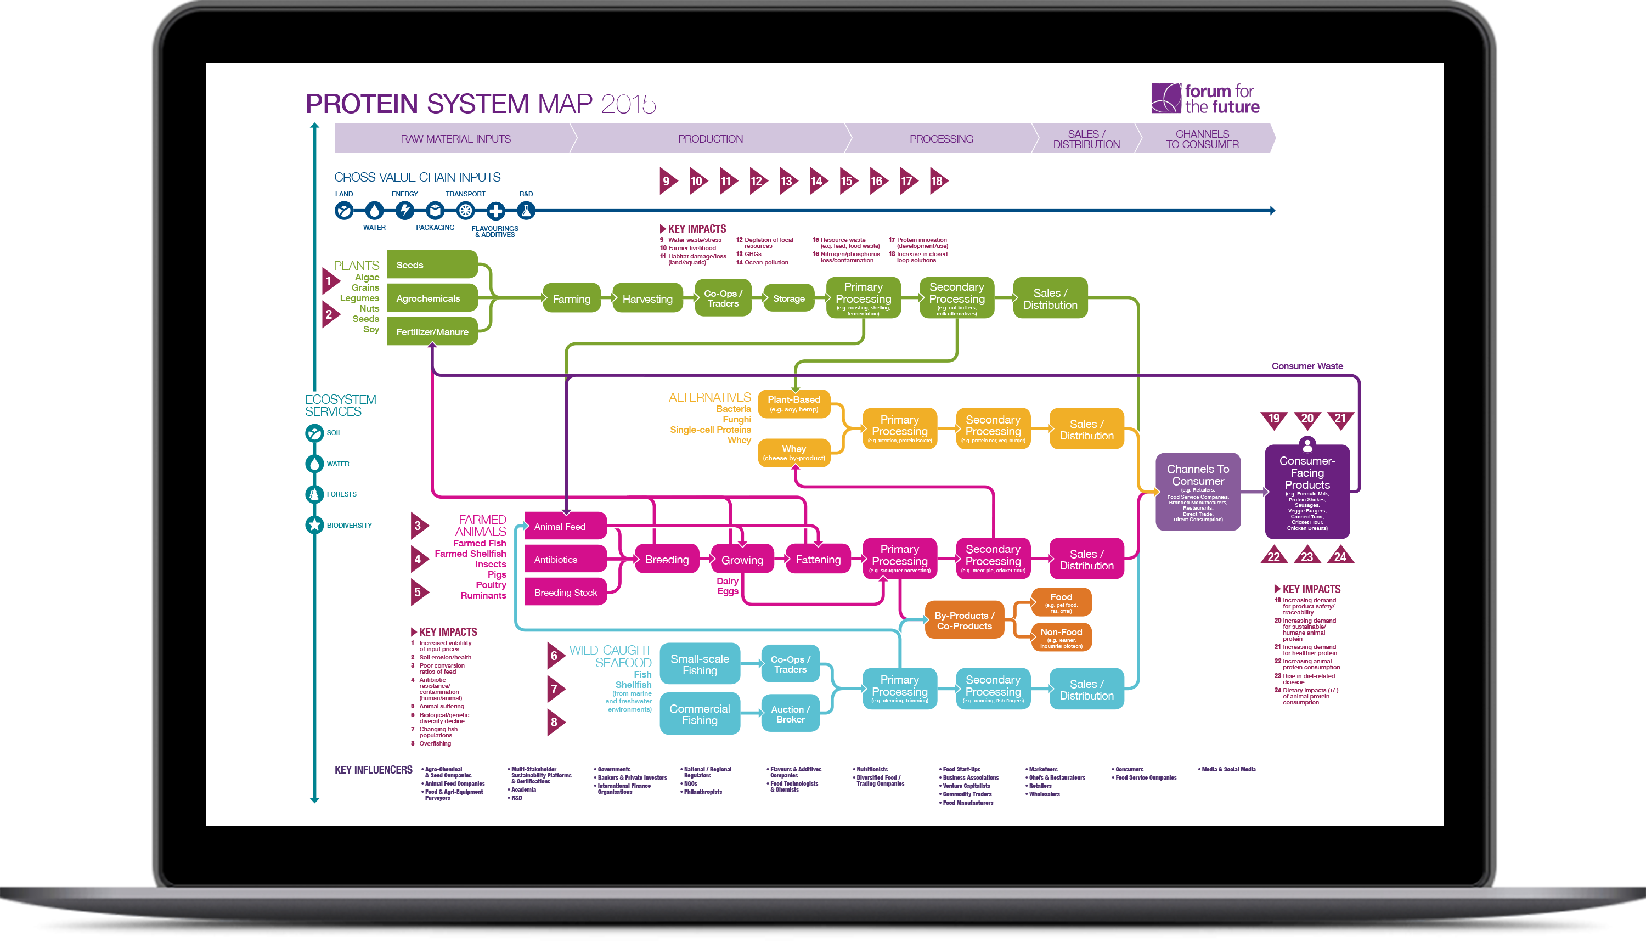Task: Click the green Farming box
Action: (571, 298)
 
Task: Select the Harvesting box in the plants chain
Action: (647, 298)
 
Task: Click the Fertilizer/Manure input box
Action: (432, 331)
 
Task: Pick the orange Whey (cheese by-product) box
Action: (793, 452)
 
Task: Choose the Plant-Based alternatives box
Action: (793, 403)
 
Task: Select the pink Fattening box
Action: (818, 559)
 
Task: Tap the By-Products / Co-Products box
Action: (964, 621)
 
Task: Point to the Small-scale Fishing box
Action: (700, 664)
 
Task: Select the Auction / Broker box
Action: (790, 714)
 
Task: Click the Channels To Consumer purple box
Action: (1198, 492)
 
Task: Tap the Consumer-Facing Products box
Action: (1307, 492)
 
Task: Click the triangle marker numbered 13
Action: (787, 181)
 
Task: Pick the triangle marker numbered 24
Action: (1340, 556)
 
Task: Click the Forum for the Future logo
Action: (1205, 98)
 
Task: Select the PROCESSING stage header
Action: (941, 138)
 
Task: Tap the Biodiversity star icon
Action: (314, 524)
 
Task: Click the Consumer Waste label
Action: (1307, 365)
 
